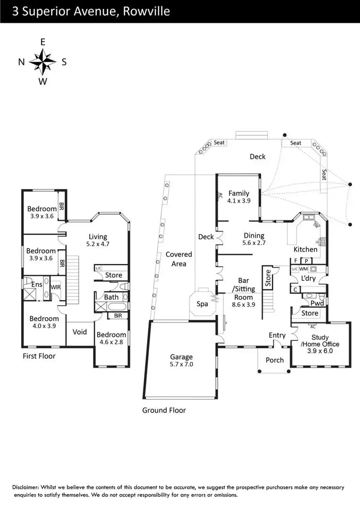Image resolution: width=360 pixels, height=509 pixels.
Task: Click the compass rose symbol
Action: pos(42,62)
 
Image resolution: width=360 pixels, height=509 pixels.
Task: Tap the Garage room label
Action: pos(182,357)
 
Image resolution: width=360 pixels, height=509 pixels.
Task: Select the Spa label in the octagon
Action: pos(202,304)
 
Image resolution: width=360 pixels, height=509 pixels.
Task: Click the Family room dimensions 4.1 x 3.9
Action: pos(238,200)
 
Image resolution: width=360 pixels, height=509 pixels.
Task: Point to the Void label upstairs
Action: pos(80,332)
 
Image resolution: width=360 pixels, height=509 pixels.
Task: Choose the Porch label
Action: pos(275,360)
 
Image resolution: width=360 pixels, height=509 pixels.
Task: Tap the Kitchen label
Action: pos(305,249)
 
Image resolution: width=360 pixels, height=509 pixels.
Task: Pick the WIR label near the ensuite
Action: pos(56,287)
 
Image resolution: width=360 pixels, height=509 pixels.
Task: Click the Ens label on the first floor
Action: pos(37,285)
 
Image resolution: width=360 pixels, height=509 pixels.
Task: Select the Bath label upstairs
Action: pos(112,297)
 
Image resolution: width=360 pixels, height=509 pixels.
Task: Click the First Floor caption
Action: pos(39,356)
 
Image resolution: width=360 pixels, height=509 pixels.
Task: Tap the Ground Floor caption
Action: pos(164,410)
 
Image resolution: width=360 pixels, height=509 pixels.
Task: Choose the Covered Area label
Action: pos(179,259)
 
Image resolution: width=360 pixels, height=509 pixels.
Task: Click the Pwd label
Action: pos(317,303)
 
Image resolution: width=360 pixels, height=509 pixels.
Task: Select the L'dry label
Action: pos(308,278)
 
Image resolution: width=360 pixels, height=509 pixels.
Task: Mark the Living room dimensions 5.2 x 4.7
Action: pos(98,244)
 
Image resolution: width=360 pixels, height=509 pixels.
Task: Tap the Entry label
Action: pos(277,335)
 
